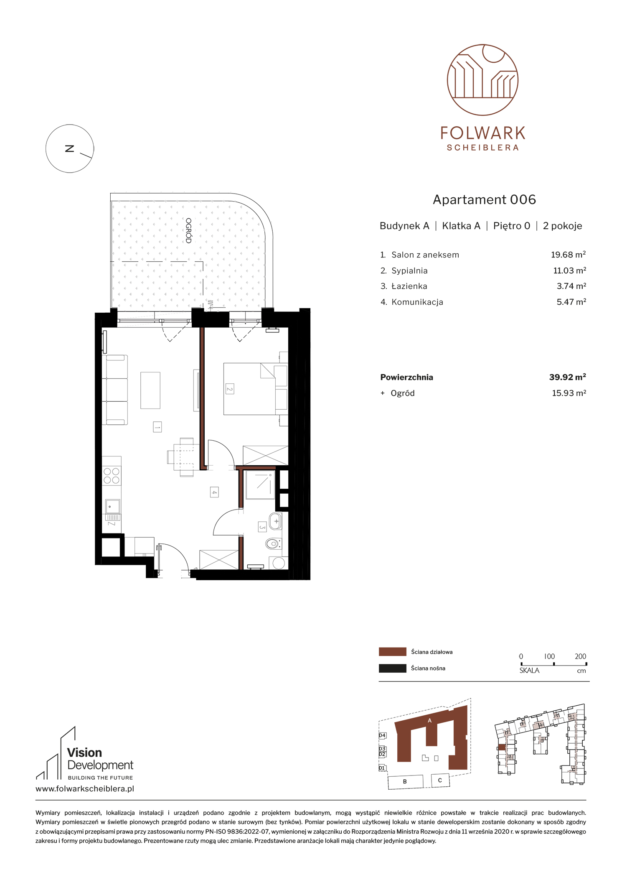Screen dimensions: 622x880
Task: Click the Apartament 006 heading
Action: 484,200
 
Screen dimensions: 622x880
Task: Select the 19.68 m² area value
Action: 568,255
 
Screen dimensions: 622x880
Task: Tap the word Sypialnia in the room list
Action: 409,271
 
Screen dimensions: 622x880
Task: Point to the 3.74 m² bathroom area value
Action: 571,286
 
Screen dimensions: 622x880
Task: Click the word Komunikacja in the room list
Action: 417,302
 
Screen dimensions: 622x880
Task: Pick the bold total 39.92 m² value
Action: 567,377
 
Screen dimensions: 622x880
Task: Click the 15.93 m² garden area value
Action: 569,393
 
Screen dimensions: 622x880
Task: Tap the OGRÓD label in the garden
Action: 188,230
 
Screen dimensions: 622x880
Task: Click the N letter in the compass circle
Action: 69,149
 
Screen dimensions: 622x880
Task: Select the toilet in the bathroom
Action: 273,544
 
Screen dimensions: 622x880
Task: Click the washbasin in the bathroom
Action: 276,521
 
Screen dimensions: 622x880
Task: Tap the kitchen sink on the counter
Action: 112,507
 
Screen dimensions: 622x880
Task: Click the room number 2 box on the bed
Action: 229,389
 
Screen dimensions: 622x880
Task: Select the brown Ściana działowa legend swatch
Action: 392,652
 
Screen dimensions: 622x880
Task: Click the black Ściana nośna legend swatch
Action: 392,668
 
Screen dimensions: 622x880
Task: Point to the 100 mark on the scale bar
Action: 549,656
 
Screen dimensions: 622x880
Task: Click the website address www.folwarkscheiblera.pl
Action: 85,789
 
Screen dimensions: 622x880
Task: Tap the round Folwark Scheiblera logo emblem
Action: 482,80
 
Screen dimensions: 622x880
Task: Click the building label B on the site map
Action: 405,781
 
